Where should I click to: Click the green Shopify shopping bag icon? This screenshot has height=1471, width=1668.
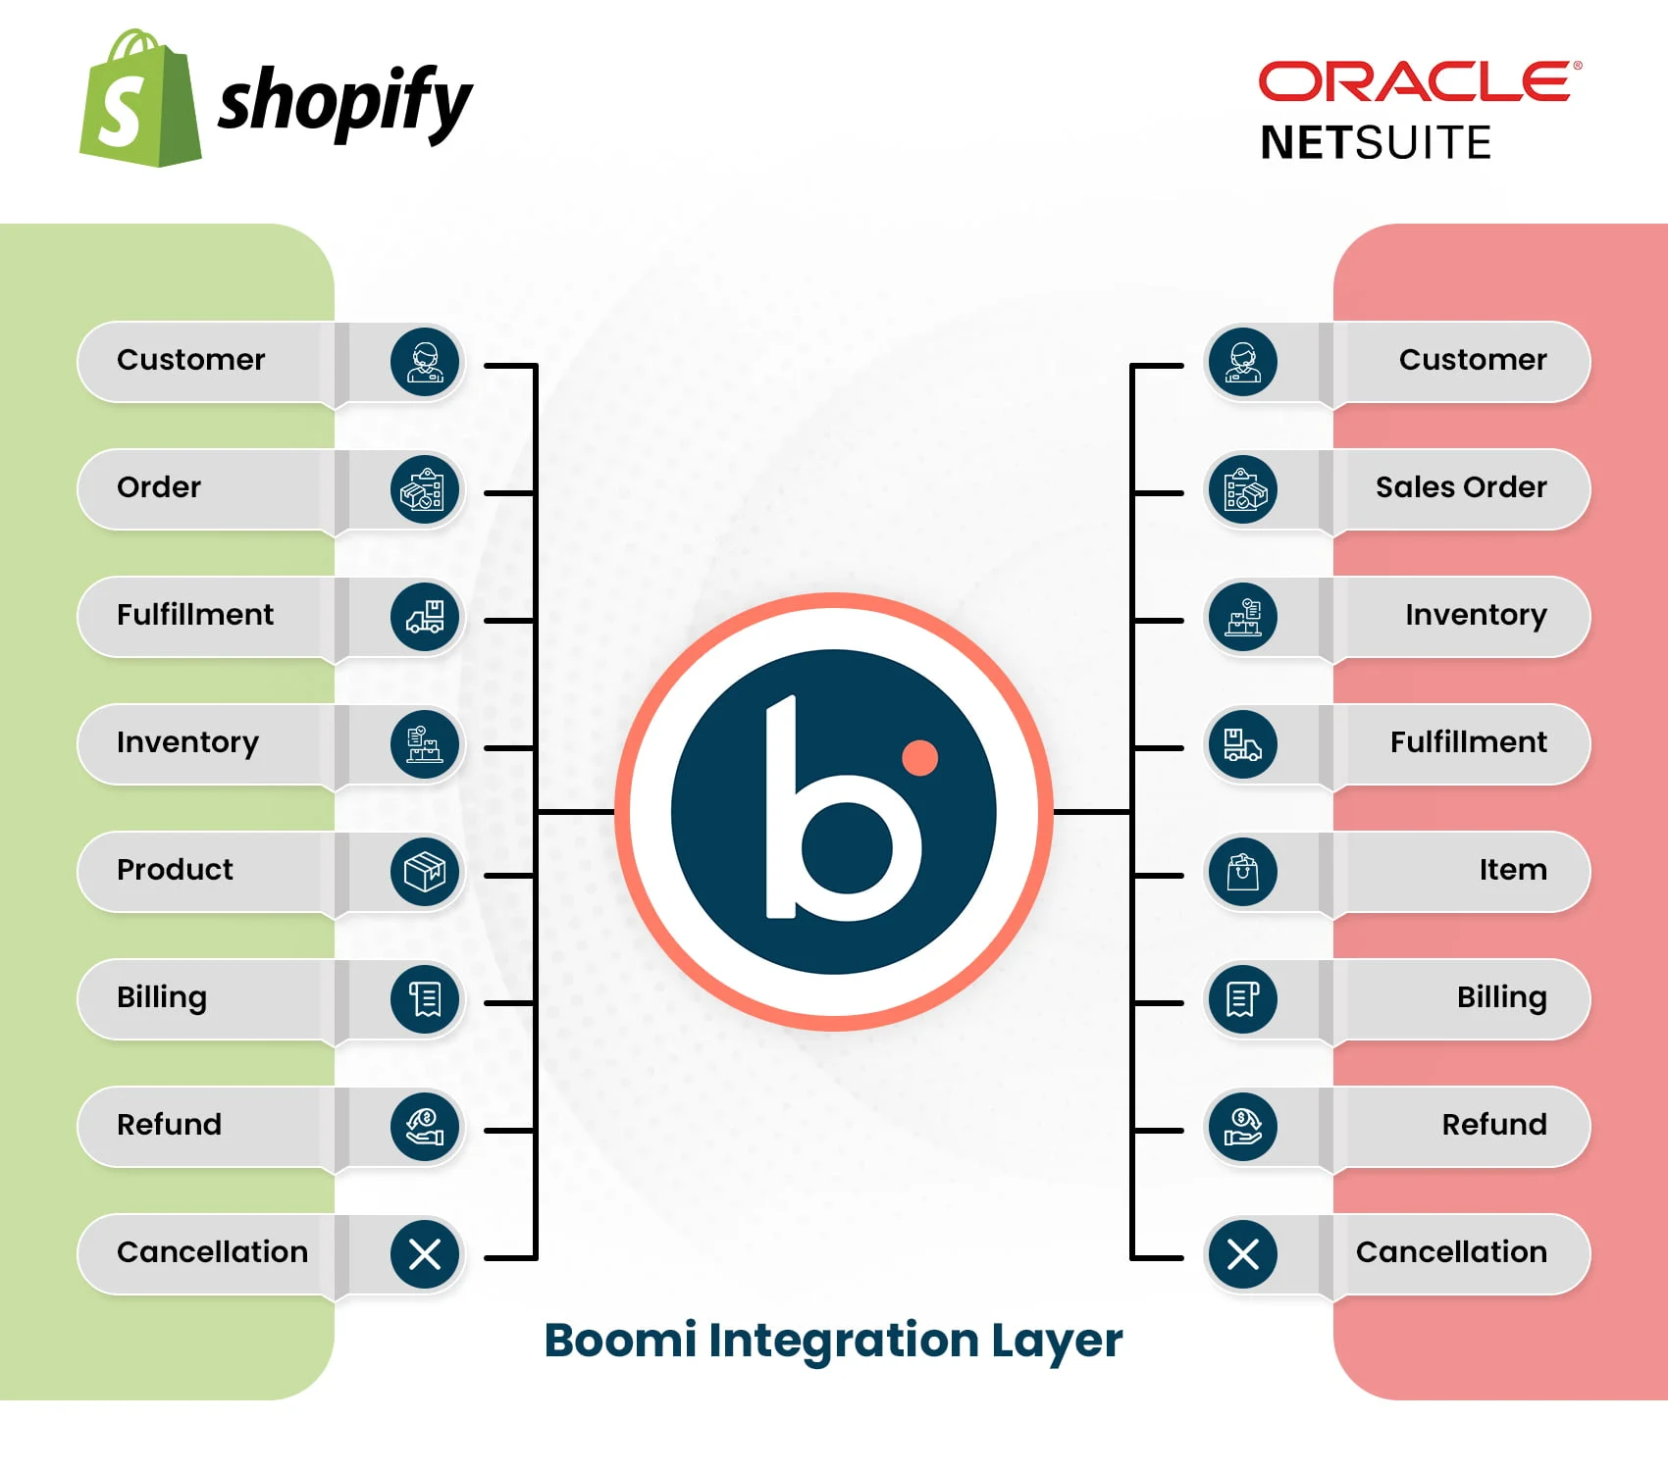click(140, 100)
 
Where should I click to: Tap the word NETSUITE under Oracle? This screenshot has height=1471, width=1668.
click(1376, 143)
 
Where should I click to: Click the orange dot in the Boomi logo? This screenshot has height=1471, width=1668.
click(919, 757)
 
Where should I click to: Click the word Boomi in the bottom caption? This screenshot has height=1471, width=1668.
click(620, 1340)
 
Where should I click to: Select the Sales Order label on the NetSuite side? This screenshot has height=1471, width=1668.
click(1460, 487)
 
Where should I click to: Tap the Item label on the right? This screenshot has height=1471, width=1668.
click(1512, 870)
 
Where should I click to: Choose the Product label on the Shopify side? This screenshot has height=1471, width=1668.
click(175, 870)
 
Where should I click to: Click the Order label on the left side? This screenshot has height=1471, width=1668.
click(159, 487)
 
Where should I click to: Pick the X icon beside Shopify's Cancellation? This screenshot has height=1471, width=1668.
click(425, 1253)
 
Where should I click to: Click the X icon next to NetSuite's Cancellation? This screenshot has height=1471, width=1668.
click(1243, 1253)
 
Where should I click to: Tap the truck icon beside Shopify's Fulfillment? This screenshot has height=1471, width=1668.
click(425, 617)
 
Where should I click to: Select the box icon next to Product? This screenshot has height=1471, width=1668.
click(425, 871)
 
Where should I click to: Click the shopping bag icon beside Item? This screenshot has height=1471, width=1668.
click(1243, 871)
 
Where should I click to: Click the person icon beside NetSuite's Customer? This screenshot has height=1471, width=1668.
click(1243, 362)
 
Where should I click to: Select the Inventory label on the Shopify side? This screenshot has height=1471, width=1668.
click(187, 742)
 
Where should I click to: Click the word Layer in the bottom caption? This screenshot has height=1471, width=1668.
click(1056, 1340)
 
